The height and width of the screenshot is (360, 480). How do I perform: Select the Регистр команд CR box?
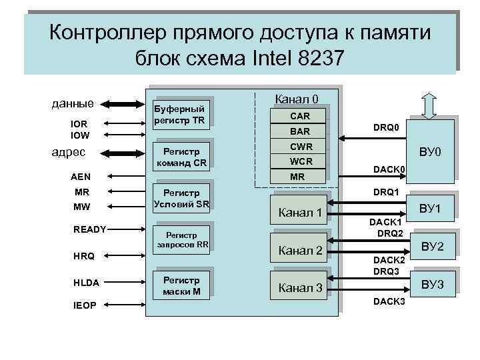(181, 156)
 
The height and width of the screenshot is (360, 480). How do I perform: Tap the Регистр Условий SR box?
(181, 198)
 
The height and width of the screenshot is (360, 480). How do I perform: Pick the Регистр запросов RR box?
(182, 239)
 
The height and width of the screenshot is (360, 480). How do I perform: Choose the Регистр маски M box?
(181, 284)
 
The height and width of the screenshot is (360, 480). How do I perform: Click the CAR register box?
(299, 116)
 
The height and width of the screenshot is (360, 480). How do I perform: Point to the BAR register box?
(299, 131)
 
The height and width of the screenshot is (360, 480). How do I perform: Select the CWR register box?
(299, 147)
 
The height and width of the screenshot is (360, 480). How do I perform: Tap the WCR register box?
(299, 161)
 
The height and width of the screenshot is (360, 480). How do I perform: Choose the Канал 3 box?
(300, 288)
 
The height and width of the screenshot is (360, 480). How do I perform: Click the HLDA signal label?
(86, 282)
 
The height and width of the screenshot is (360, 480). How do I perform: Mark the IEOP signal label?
(85, 305)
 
